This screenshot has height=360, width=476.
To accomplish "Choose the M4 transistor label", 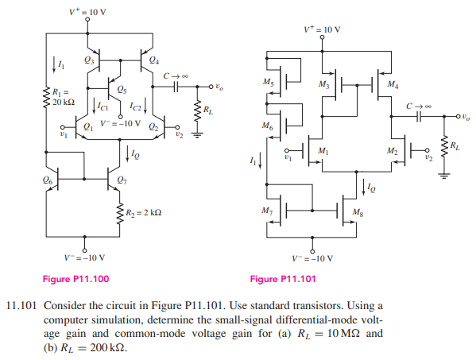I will point(392,84).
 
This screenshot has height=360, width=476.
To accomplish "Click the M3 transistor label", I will point(323,84).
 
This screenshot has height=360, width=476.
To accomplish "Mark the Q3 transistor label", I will point(88,60).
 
